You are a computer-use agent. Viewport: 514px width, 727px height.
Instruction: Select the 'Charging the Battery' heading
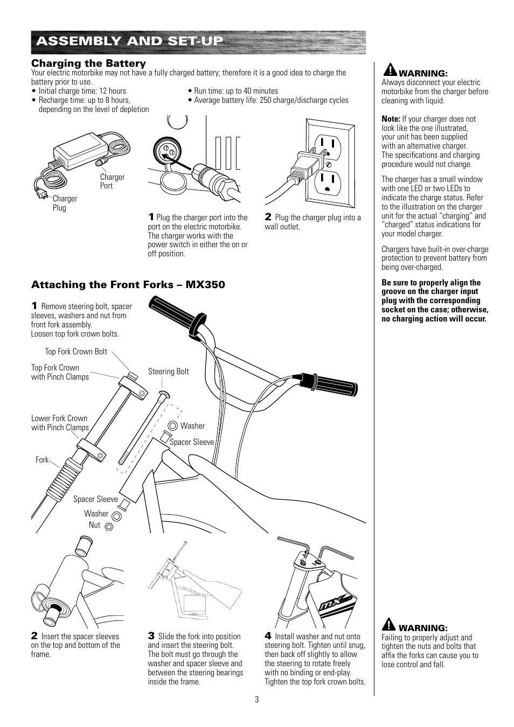coord(88,64)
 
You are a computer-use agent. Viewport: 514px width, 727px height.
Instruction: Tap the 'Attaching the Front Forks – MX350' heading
coord(128,285)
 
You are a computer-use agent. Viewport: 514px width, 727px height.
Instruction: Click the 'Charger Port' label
coord(112,181)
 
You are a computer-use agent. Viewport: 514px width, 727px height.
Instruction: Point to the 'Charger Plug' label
coord(65,203)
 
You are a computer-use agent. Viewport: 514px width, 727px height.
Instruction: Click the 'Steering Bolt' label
coord(168,372)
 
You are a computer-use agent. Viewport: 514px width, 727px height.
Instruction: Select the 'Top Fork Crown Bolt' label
coord(76,352)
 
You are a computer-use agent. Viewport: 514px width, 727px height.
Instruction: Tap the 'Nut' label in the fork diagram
coord(94,525)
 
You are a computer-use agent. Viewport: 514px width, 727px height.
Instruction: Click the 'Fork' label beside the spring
coord(41,460)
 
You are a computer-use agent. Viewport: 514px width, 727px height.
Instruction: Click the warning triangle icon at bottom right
coord(390,625)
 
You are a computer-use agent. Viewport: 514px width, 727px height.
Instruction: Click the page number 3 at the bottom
coord(257,700)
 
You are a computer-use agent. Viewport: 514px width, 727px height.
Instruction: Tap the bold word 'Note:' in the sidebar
coord(391,119)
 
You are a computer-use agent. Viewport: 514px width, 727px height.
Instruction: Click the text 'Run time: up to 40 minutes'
coord(236,91)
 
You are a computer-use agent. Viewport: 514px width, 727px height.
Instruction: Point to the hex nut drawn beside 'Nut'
coord(108,526)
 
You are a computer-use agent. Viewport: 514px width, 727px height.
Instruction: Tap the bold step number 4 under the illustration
coord(267,636)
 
